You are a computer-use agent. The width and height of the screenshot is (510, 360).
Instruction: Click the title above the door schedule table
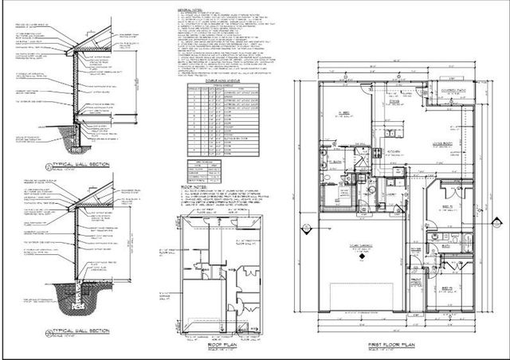pyautogui.click(x=202, y=80)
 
